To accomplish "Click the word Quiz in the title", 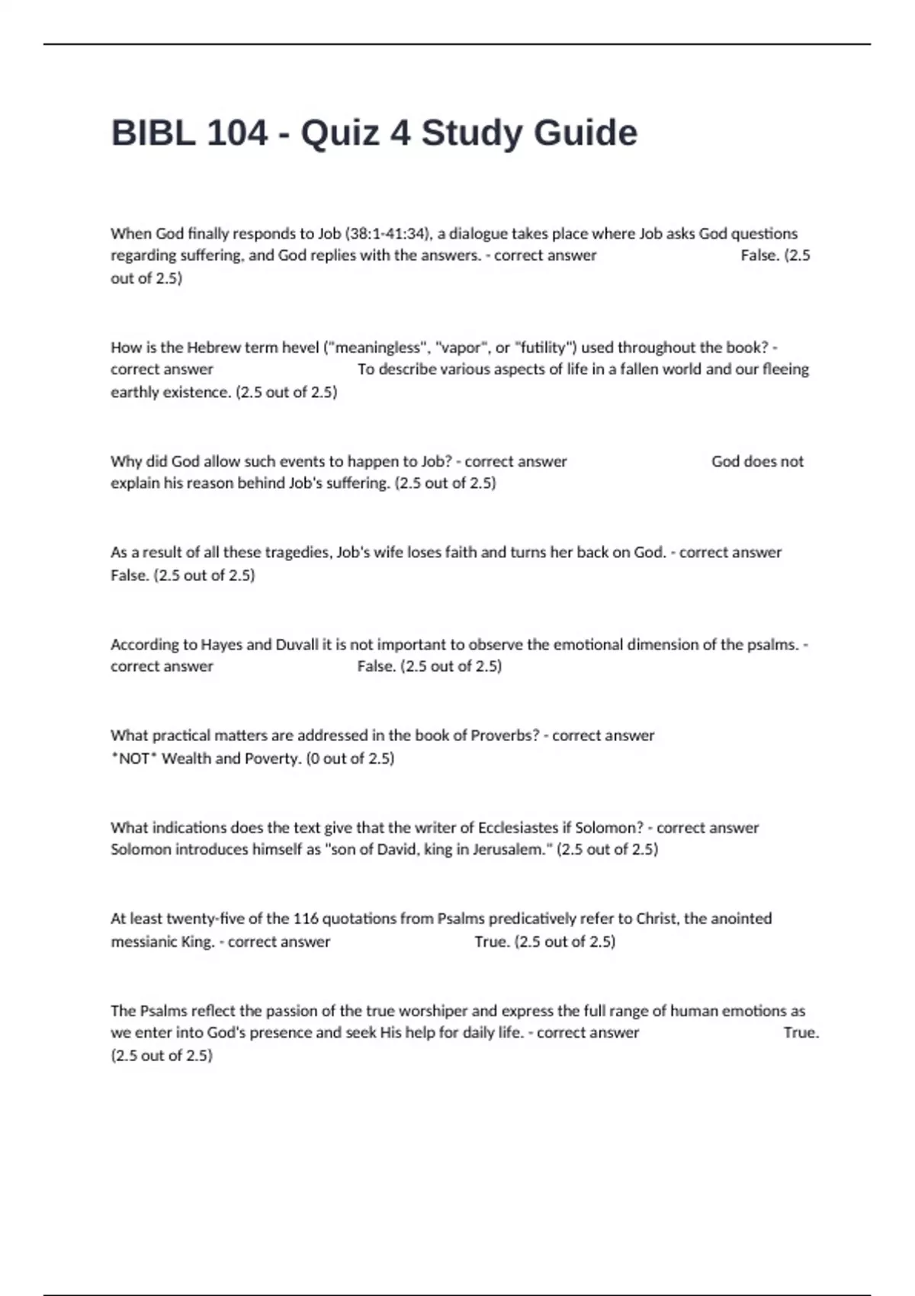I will point(339,133).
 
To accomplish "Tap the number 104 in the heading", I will point(237,133).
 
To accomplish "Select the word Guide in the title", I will point(585,133).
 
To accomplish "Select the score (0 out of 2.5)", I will point(350,759).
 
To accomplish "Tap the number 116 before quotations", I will point(306,919).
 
